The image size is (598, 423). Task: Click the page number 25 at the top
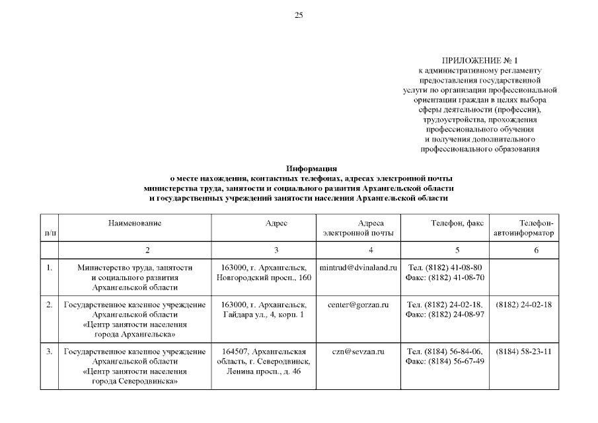click(x=299, y=15)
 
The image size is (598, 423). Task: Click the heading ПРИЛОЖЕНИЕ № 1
click(x=480, y=61)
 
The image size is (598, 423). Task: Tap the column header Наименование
click(x=135, y=224)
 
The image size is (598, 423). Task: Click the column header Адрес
click(x=276, y=224)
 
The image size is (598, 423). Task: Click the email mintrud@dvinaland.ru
click(x=357, y=268)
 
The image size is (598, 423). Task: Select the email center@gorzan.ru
click(x=357, y=305)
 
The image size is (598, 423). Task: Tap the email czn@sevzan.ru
click(x=357, y=351)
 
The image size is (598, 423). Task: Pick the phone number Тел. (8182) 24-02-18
click(x=445, y=305)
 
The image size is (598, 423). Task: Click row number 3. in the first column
click(x=49, y=351)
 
